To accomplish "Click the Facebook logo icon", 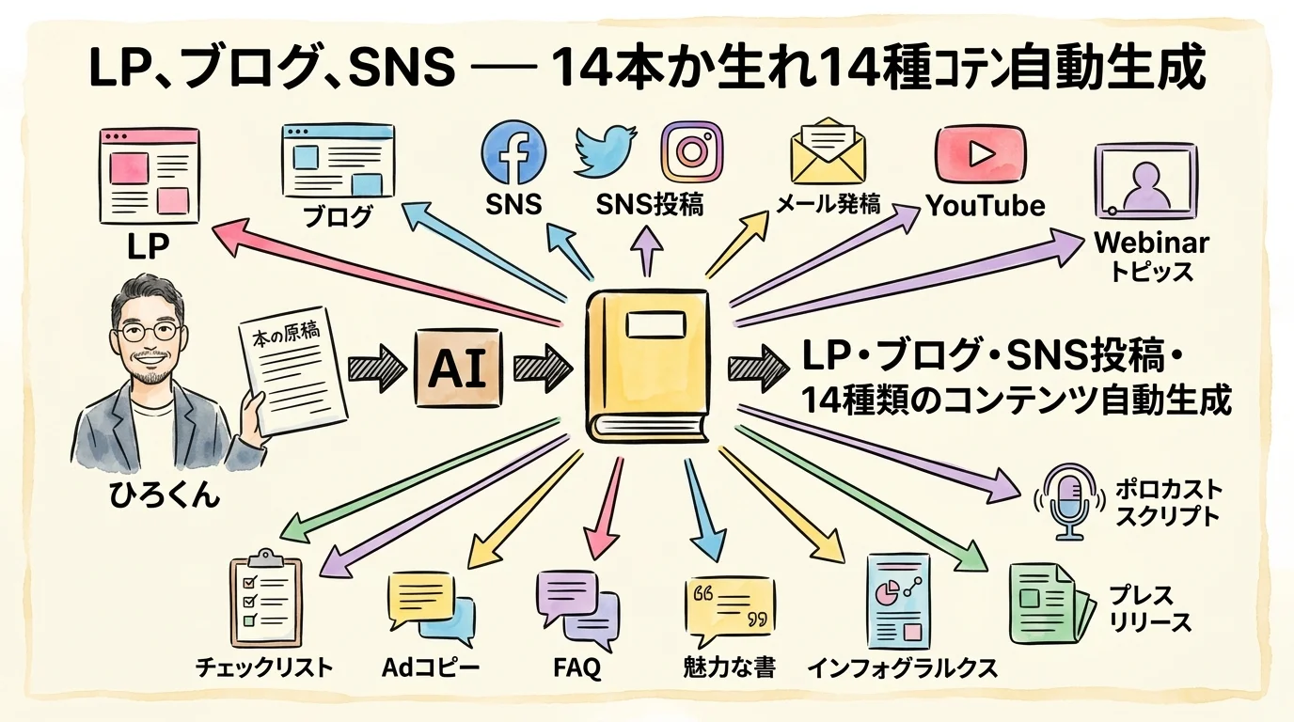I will pos(513,153).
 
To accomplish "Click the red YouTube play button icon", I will pos(980,154).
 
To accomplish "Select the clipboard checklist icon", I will pos(265,598).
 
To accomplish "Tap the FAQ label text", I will pos(576,668).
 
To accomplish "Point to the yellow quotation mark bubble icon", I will pos(730,609).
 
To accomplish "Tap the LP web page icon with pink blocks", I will pos(150,177).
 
